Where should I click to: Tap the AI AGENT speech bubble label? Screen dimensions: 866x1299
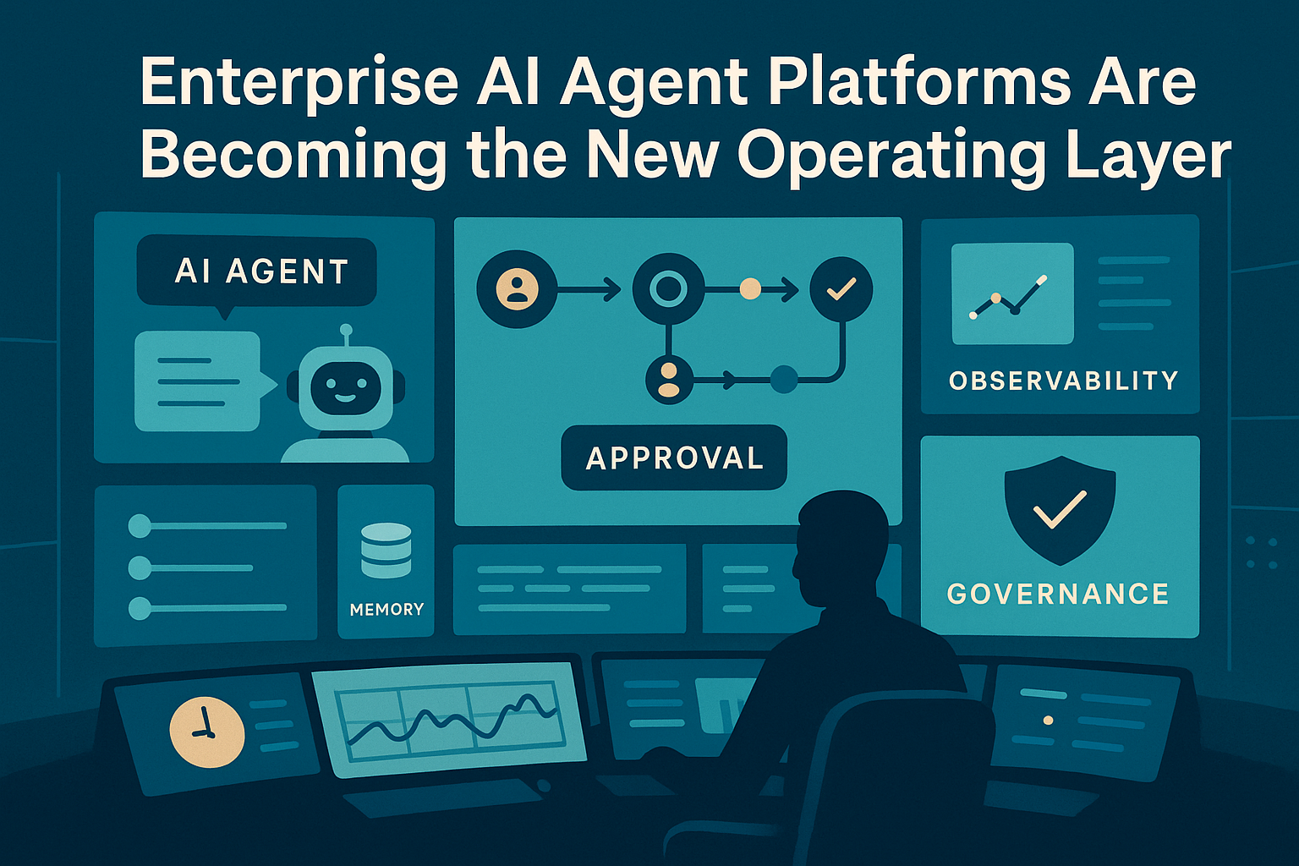click(x=260, y=271)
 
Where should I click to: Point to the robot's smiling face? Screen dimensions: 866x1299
click(x=344, y=387)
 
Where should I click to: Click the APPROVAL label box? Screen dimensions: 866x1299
click(x=674, y=458)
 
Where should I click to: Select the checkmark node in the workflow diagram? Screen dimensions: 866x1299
click(x=841, y=290)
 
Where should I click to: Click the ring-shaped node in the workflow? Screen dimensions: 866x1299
click(x=668, y=290)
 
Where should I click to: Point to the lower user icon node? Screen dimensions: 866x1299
click(x=668, y=380)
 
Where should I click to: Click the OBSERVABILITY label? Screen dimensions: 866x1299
click(x=1063, y=381)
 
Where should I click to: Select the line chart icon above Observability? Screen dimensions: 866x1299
click(x=1011, y=294)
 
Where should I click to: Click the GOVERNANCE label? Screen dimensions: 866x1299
click(x=1058, y=594)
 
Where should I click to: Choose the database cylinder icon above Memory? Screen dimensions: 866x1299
click(x=386, y=550)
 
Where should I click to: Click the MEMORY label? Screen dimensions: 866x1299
click(x=386, y=609)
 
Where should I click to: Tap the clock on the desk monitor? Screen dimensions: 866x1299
click(x=207, y=732)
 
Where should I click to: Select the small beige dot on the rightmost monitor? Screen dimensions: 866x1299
click(x=1049, y=721)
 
